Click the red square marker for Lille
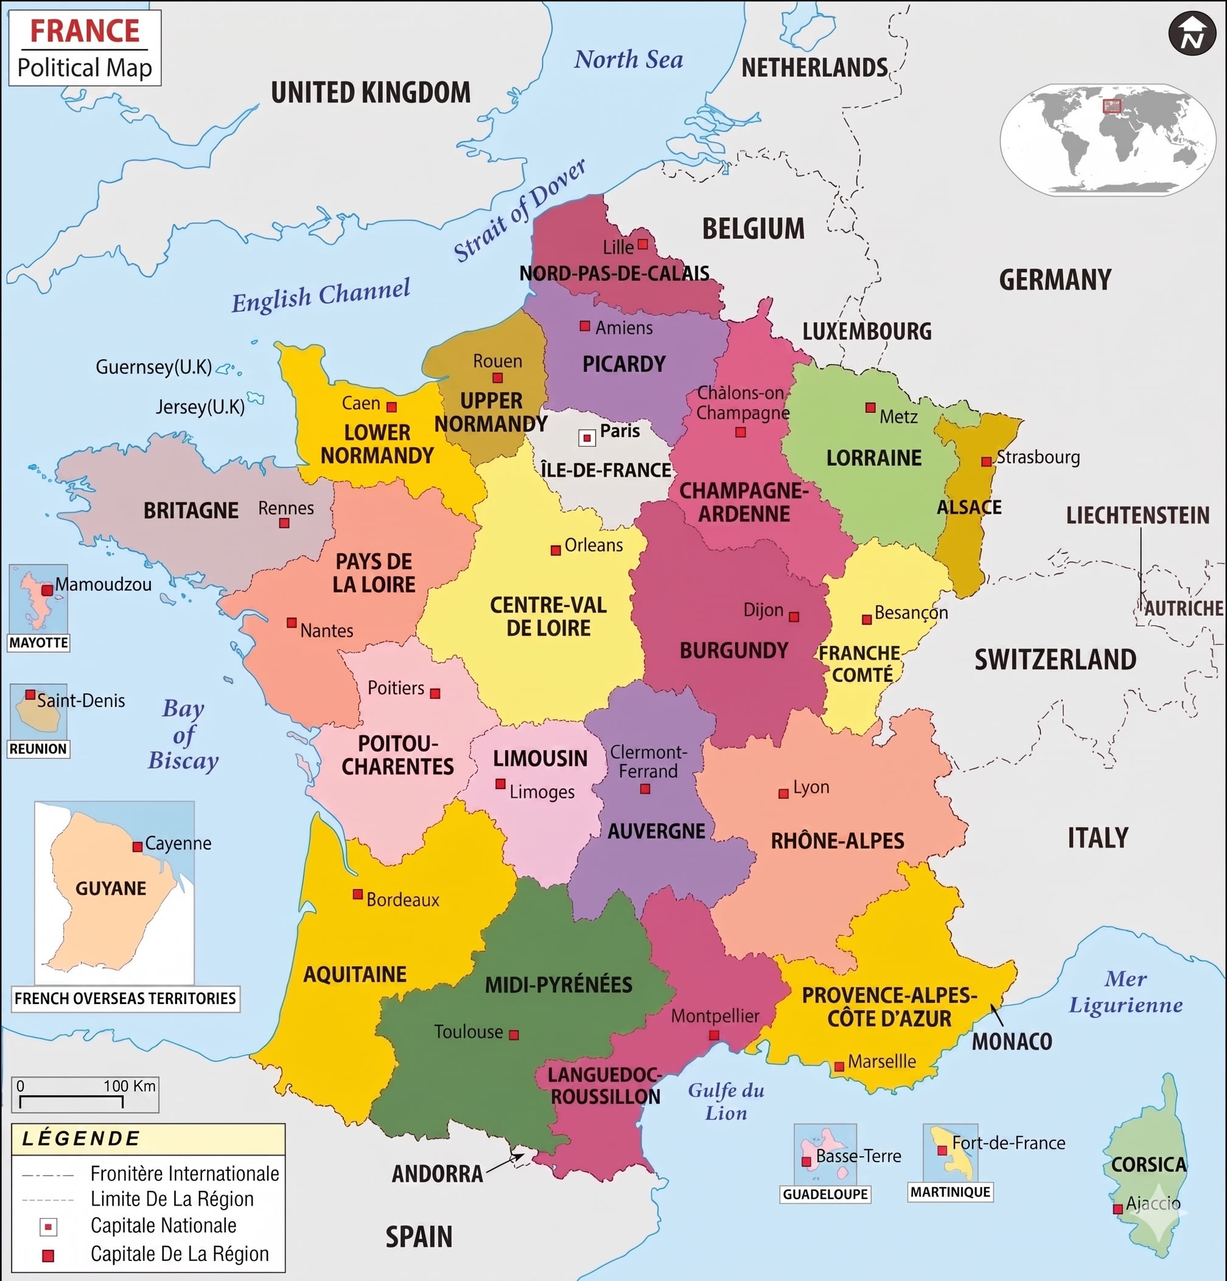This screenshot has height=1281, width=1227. coord(643,244)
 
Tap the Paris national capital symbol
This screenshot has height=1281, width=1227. coord(587,438)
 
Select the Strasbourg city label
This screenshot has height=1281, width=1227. coord(1038,457)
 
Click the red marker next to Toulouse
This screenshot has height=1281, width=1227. coord(514,1034)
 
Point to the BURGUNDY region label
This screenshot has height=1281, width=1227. coord(734,650)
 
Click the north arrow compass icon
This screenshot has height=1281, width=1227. coord(1192,34)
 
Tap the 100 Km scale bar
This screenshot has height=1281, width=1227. coord(71,1101)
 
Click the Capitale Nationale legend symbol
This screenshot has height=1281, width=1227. coord(48,1227)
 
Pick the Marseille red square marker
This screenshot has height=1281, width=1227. coord(839,1067)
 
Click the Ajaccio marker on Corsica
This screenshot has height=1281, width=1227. coord(1118,1209)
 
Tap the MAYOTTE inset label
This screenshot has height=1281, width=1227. coord(38,642)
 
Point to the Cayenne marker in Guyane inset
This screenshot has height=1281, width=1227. coord(137,846)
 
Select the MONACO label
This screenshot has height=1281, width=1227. coord(1012,1041)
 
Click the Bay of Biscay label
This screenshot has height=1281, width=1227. coord(183,734)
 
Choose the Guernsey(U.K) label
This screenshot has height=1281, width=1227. coord(153,367)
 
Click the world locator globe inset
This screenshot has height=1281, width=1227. coord(1108,139)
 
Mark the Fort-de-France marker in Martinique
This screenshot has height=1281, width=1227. coord(942,1149)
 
